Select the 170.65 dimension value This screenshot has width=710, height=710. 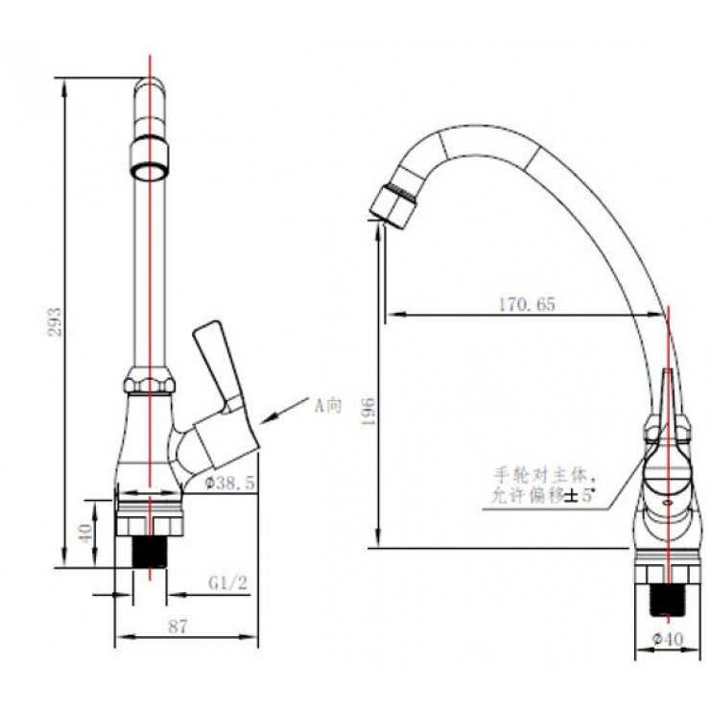[526, 304]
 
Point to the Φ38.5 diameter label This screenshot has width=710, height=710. [229, 485]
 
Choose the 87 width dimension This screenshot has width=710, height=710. [177, 626]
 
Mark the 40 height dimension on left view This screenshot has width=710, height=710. [85, 532]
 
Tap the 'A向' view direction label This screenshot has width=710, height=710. [328, 405]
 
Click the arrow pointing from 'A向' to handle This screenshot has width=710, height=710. [282, 414]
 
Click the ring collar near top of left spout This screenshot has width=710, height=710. [150, 158]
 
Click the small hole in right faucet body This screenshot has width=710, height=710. [669, 500]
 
